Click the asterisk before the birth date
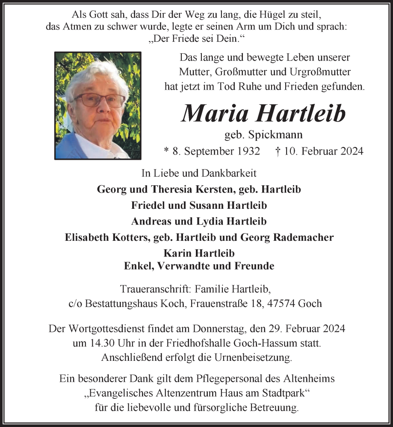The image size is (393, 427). tap(166, 151)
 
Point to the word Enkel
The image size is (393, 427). tap(138, 266)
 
